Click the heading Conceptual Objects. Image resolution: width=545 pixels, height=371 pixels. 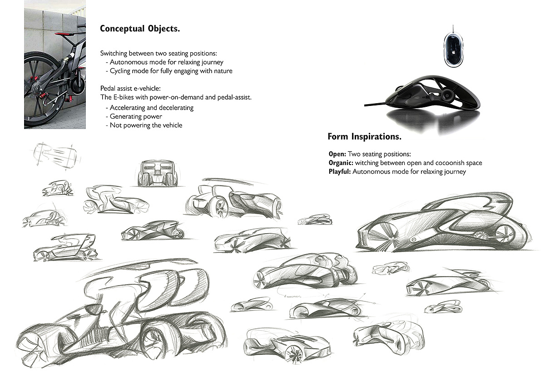coord(139,29)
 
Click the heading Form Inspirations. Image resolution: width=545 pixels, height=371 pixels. coord(364,136)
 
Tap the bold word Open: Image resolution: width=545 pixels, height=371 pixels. coord(337,154)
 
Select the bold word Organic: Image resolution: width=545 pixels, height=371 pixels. coord(341,163)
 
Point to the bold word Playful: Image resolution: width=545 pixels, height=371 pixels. coord(340,172)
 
